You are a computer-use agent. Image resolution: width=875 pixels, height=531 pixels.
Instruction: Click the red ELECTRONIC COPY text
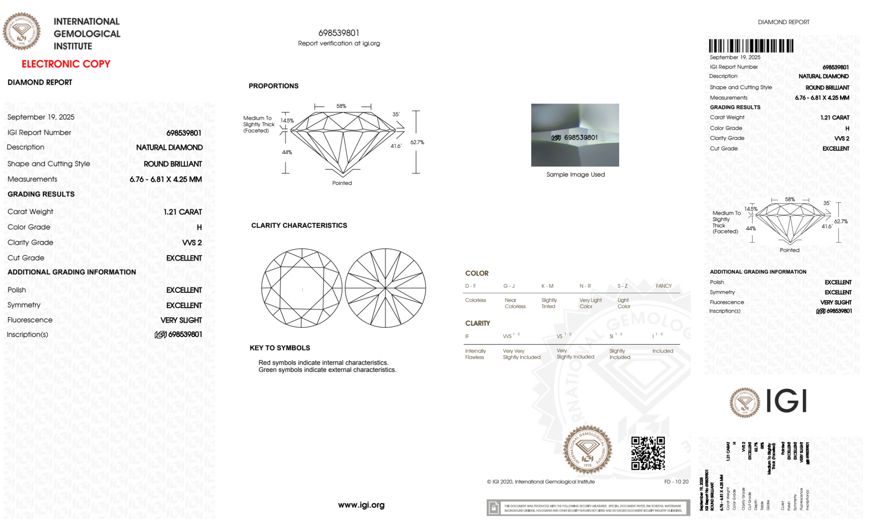point(66,64)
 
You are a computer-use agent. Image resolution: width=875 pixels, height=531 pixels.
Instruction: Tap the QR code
point(648,453)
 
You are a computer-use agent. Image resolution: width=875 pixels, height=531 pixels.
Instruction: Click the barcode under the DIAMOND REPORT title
point(751,46)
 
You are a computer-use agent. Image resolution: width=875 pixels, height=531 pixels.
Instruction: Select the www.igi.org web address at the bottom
point(361,505)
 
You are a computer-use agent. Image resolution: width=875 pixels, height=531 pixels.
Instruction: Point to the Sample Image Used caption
point(575,174)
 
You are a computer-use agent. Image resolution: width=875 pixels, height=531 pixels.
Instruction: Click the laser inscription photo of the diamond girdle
point(575,135)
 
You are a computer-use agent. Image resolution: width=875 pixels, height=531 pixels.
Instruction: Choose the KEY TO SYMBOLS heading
point(280,348)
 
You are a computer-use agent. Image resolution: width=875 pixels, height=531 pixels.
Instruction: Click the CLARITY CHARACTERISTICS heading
point(299,226)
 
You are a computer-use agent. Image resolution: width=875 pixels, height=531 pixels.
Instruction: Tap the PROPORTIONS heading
point(274,86)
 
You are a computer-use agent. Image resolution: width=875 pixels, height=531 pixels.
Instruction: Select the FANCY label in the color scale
point(663,286)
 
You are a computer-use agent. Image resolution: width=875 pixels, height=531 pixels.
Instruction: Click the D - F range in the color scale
point(471,286)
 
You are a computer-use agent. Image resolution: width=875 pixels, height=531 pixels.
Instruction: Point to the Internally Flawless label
point(475,354)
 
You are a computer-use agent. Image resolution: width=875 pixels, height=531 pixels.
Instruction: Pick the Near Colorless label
point(515,303)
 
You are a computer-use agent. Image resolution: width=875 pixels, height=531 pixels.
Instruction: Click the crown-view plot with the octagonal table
point(302,288)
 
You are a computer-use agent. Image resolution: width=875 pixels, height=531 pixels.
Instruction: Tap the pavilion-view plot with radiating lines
point(385,288)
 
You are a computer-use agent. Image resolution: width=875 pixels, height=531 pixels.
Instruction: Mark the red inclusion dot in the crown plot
point(303,290)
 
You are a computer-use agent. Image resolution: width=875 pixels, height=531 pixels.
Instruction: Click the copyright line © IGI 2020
point(541,482)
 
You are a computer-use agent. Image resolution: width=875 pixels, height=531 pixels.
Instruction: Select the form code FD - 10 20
point(676,482)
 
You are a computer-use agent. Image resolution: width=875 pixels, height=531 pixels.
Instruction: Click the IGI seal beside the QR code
point(587,450)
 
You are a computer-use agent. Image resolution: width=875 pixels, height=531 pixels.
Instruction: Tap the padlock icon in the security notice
point(494,508)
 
